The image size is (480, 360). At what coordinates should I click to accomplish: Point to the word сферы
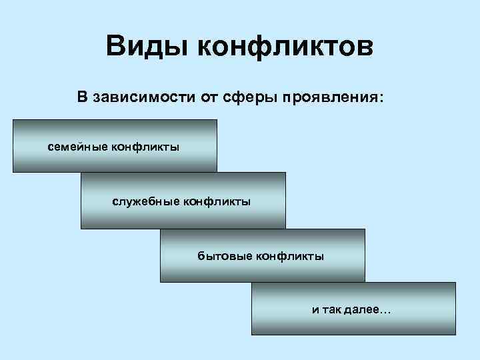pyautogui.click(x=247, y=97)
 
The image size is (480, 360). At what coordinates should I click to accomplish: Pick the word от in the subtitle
pyautogui.click(x=208, y=97)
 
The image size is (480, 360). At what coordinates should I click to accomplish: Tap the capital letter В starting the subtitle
pyautogui.click(x=82, y=97)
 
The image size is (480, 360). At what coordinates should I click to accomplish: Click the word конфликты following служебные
pyautogui.click(x=219, y=200)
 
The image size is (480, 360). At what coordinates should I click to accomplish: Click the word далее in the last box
pyautogui.click(x=363, y=310)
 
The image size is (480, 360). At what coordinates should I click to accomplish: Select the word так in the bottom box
pyautogui.click(x=332, y=310)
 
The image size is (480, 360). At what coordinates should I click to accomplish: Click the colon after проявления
pyautogui.click(x=381, y=99)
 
